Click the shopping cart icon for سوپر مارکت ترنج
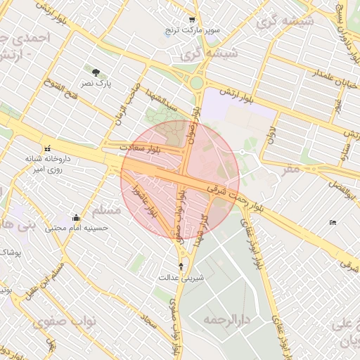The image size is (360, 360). [192, 20]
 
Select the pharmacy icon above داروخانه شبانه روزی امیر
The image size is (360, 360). [48, 148]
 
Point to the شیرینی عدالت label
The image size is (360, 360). [182, 277]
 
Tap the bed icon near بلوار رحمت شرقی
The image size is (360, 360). [333, 223]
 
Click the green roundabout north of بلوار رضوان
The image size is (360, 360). [197, 83]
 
